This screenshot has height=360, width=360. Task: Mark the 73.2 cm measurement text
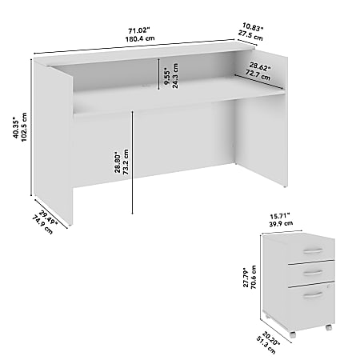click(126, 167)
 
